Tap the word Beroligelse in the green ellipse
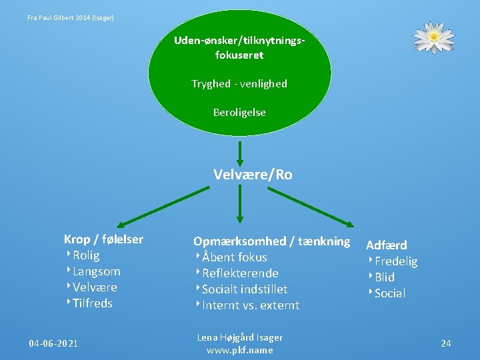pos(239,113)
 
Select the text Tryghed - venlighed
pos(239,83)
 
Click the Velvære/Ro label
pos(253,175)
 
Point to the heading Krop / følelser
pos(103,239)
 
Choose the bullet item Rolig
pos(86,255)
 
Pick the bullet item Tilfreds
pos(93,303)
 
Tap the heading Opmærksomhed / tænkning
pos(271,241)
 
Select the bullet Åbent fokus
pos(234,257)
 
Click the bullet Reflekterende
pos(240,273)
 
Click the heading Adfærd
pos(387,245)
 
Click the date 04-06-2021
pos(53,343)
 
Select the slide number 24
pos(446,343)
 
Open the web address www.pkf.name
pos(240,350)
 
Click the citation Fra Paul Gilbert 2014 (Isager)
pos(71,17)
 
